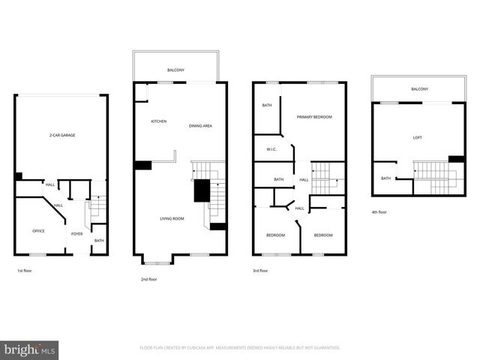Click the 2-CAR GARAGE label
62,135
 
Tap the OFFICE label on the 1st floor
38,231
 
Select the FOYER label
76,234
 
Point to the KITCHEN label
158,121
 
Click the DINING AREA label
200,126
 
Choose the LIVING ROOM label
172,218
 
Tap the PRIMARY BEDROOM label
314,117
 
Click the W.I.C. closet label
271,149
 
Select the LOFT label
417,138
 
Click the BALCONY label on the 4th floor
419,89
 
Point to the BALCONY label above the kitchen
175,70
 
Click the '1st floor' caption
25,270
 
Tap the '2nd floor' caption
148,279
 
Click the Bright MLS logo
30,349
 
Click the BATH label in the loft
385,178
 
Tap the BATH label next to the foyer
99,241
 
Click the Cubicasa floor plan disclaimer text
240,348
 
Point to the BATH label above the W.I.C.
266,106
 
